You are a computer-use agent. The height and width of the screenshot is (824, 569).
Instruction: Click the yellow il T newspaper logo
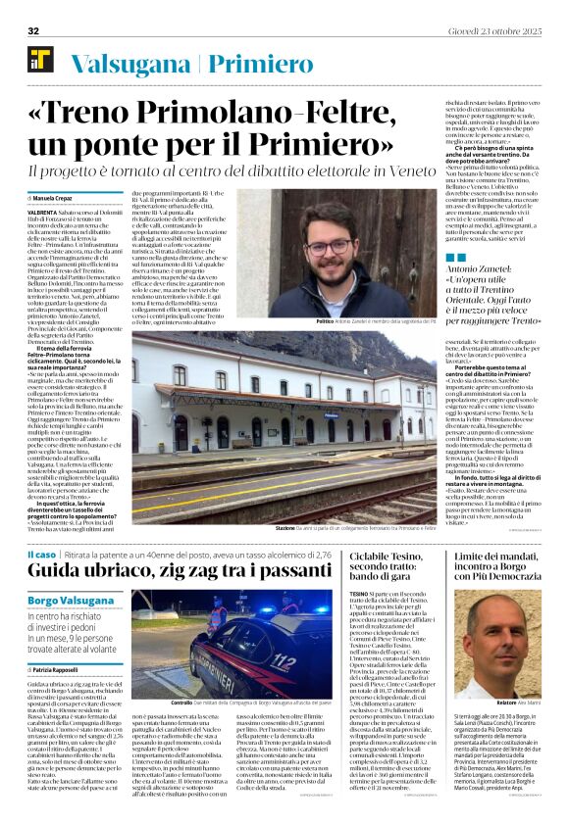coord(41,60)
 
